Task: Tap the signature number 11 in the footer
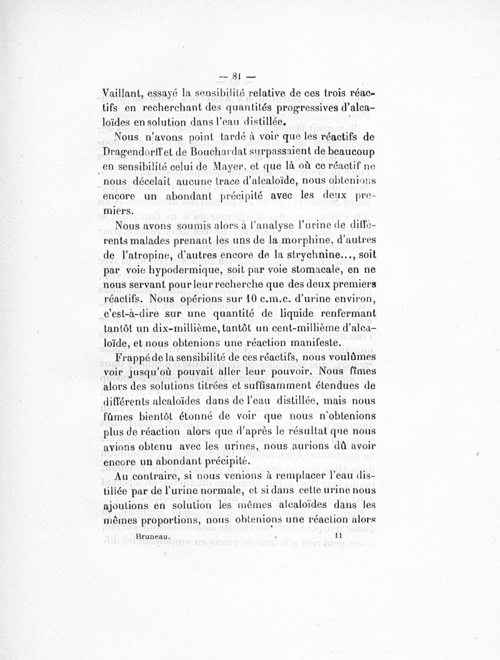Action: [338, 536]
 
